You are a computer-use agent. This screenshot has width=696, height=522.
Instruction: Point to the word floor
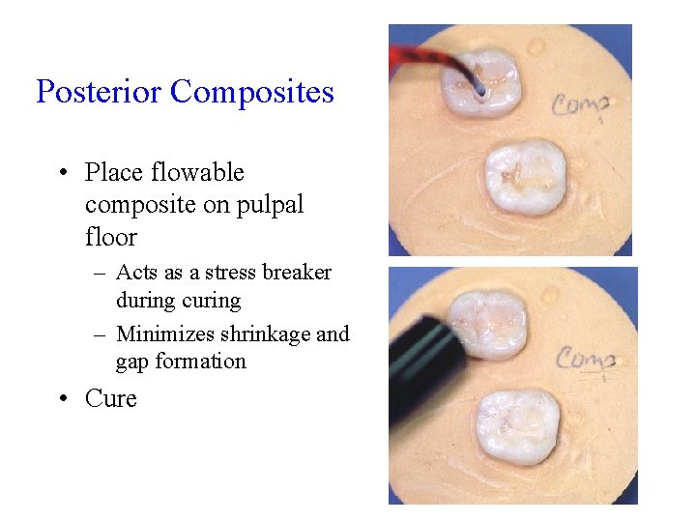click(x=110, y=237)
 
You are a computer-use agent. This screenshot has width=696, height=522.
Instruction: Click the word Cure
click(x=110, y=398)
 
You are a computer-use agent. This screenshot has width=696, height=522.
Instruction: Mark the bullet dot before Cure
click(x=63, y=398)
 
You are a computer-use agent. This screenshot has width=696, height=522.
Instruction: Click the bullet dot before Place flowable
click(x=63, y=173)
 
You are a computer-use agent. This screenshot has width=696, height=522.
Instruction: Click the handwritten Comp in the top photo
click(x=581, y=103)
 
